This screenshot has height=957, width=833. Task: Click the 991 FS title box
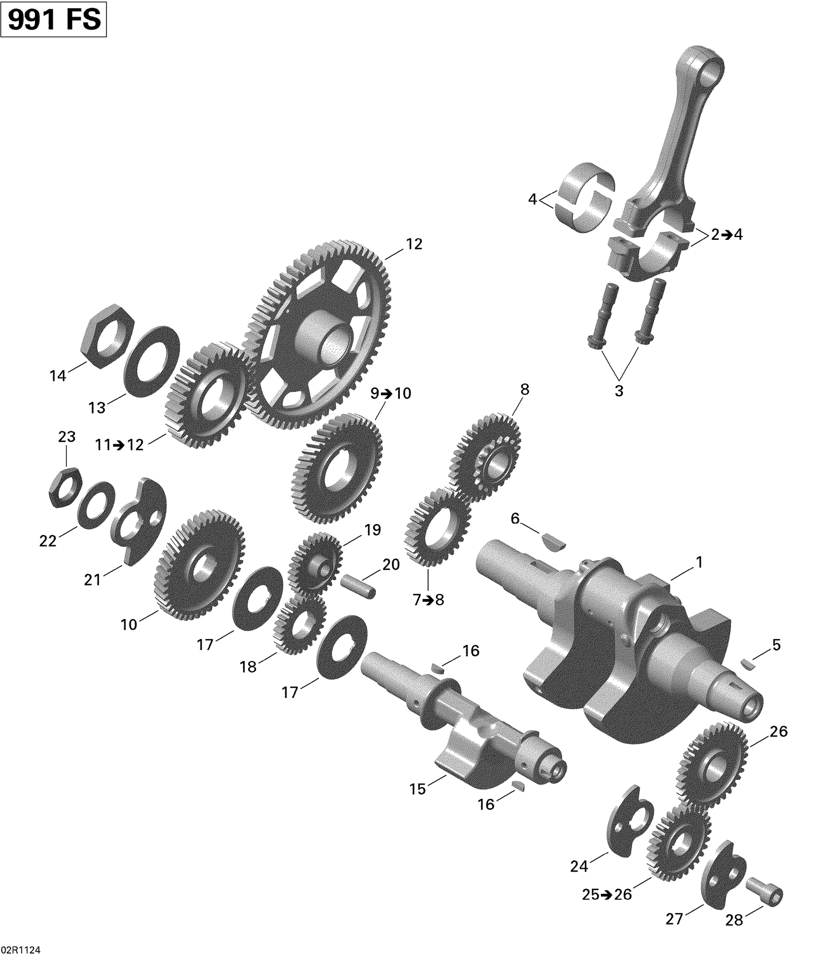[x=54, y=20]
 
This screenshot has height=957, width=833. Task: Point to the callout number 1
[x=699, y=562]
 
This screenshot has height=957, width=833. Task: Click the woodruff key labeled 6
[x=553, y=541]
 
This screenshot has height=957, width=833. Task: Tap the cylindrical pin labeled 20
[x=359, y=587]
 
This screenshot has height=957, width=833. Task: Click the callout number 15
[x=418, y=789]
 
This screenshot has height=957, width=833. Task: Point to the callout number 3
[x=619, y=391]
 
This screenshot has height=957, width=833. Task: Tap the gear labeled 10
[x=198, y=565]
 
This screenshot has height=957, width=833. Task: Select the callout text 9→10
[x=391, y=394]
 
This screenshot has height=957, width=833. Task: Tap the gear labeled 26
[x=712, y=763]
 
